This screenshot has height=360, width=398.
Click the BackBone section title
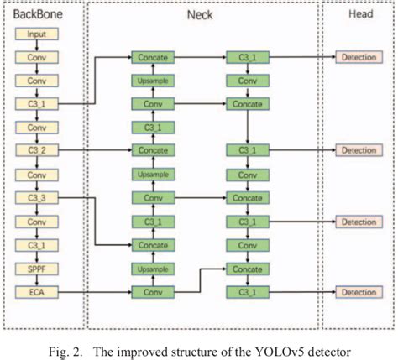click(36, 14)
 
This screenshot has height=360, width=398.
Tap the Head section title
click(359, 14)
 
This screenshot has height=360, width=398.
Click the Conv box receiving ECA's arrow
click(152, 292)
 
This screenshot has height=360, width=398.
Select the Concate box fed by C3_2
click(152, 151)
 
